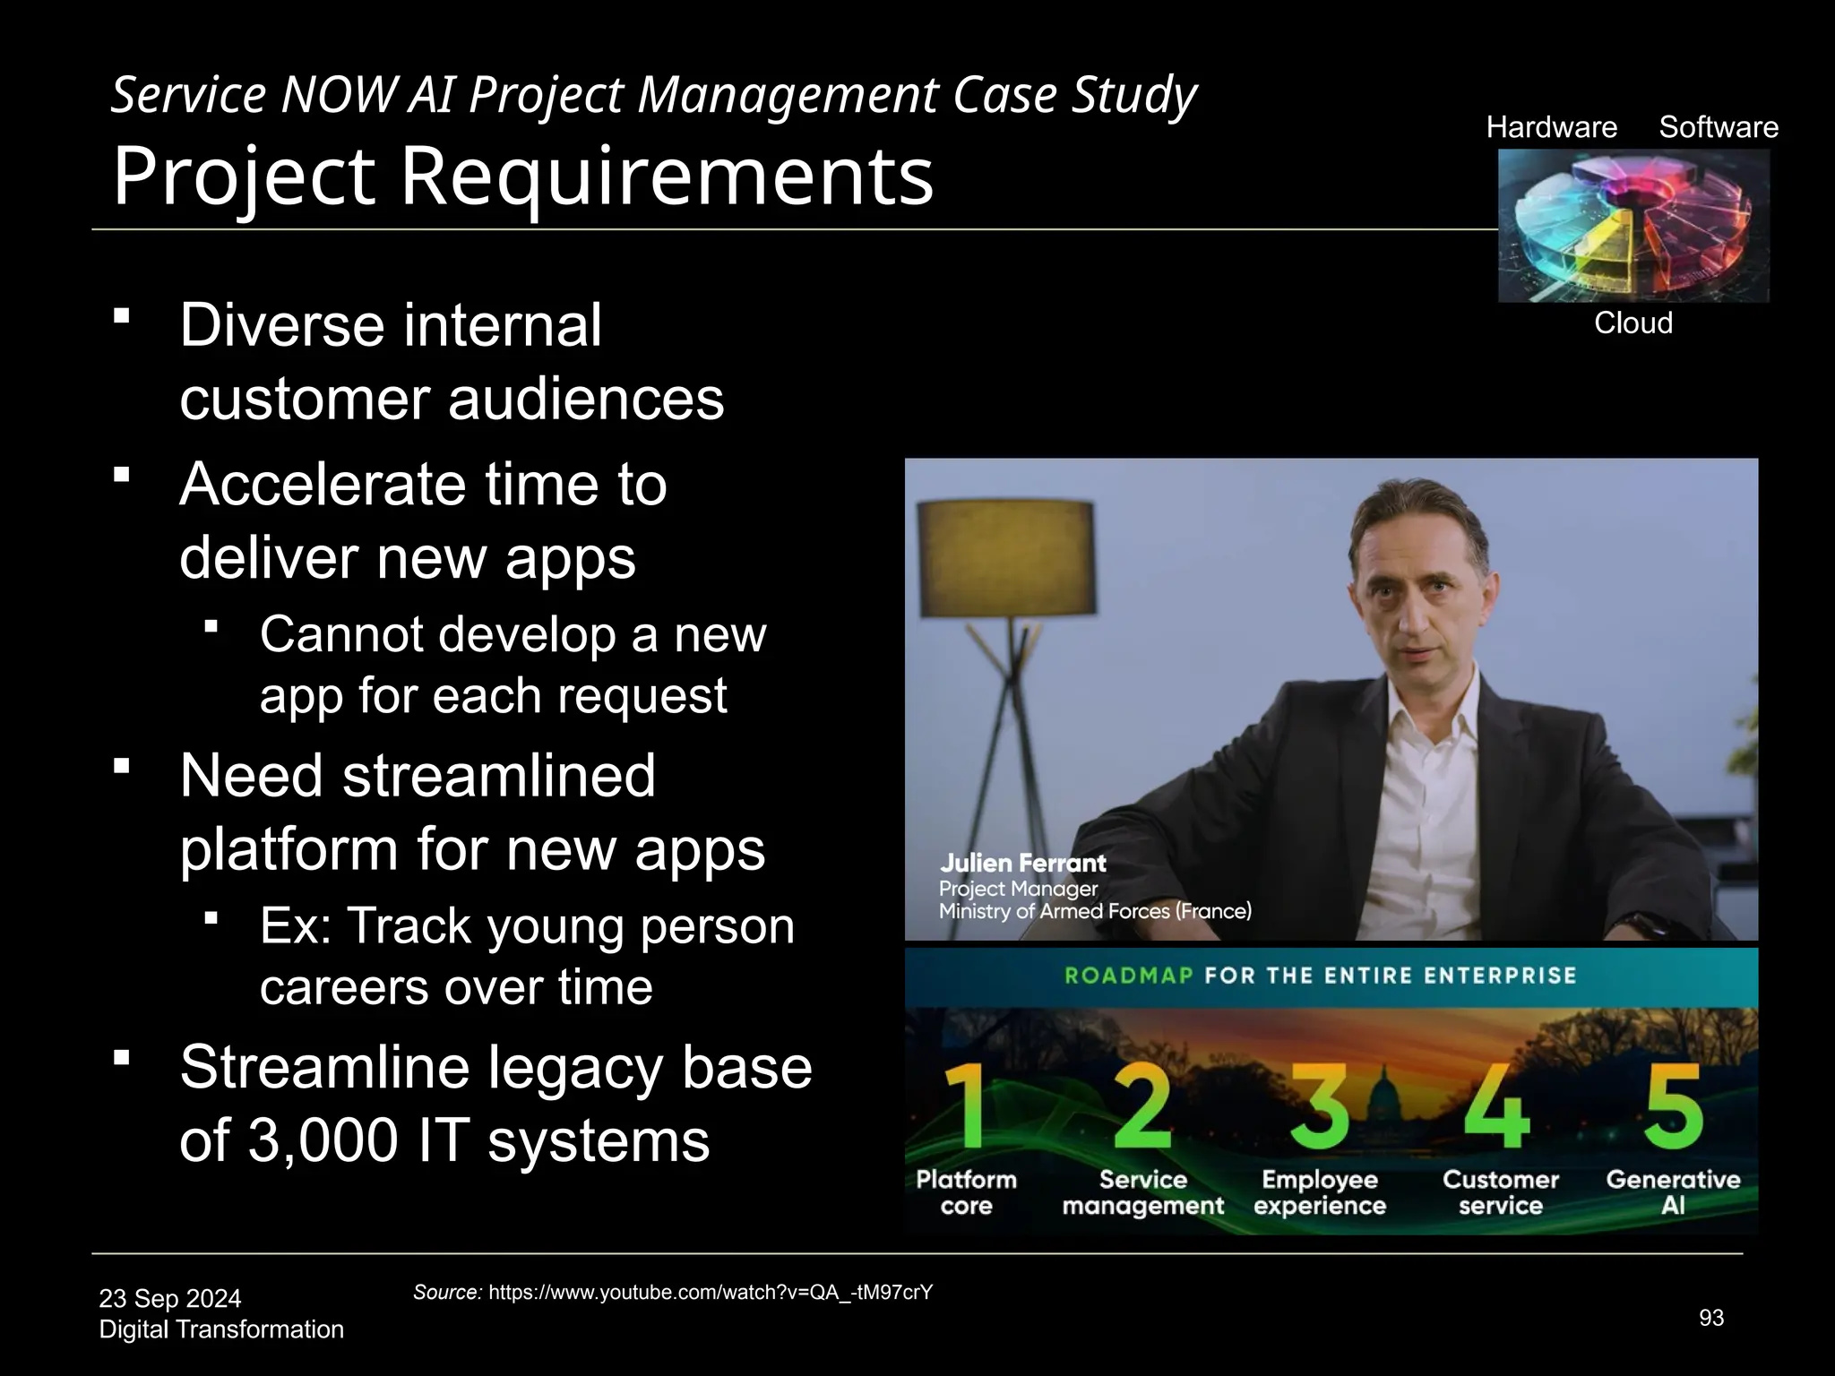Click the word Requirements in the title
pyautogui.click(x=666, y=176)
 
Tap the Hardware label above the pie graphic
pyautogui.click(x=1551, y=127)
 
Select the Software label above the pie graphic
pyautogui.click(x=1718, y=127)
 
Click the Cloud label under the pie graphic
pyautogui.click(x=1633, y=322)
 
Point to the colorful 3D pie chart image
pyautogui.click(x=1633, y=226)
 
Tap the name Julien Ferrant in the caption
pyautogui.click(x=1022, y=864)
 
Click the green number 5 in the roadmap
pyautogui.click(x=1672, y=1108)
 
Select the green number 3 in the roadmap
pyautogui.click(x=1320, y=1108)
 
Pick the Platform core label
pyautogui.click(x=966, y=1192)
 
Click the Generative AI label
pyautogui.click(x=1672, y=1192)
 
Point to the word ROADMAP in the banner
pyautogui.click(x=1128, y=976)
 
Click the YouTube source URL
pyautogui.click(x=711, y=1292)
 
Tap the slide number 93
pyautogui.click(x=1710, y=1318)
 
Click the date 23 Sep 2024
pyautogui.click(x=170, y=1298)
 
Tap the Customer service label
pyautogui.click(x=1500, y=1192)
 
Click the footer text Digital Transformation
pyautogui.click(x=221, y=1329)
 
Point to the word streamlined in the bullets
pyautogui.click(x=498, y=776)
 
